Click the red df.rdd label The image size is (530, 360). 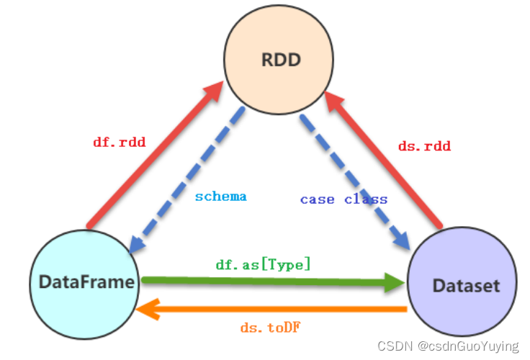point(120,142)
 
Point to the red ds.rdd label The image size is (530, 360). point(424,146)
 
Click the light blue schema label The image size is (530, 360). point(221,196)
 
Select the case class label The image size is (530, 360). point(343,199)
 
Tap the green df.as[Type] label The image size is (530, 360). point(263,264)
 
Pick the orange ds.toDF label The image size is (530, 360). point(270,328)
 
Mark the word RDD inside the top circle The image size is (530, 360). point(278,59)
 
